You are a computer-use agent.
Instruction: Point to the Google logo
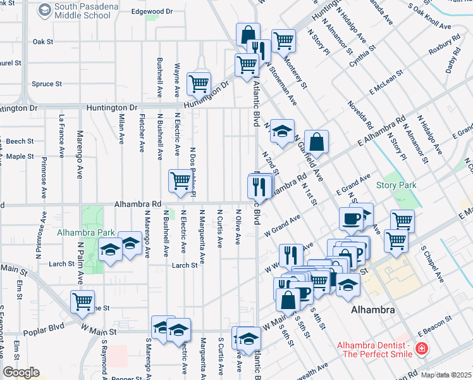[21, 373]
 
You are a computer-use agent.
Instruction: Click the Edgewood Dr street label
[152, 11]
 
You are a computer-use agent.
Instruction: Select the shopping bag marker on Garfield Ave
[316, 142]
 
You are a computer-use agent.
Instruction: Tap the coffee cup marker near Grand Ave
[351, 218]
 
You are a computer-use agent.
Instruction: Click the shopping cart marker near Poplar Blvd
[82, 301]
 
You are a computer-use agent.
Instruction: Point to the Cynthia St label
[364, 55]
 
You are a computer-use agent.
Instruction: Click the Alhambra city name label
[372, 310]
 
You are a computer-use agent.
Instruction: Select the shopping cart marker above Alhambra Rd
[180, 180]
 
